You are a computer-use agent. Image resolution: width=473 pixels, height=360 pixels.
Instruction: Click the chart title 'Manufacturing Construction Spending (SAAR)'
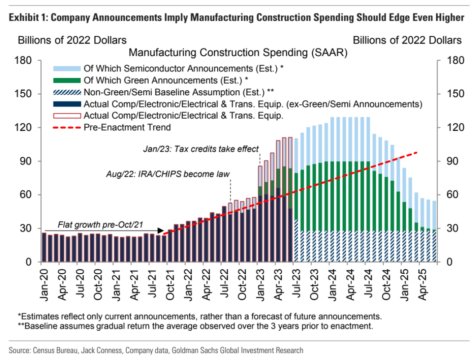click(x=238, y=53)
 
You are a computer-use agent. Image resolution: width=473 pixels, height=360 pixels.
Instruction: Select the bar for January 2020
click(x=44, y=247)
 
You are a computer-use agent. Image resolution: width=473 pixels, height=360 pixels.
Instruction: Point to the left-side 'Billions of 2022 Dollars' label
click(x=72, y=40)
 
